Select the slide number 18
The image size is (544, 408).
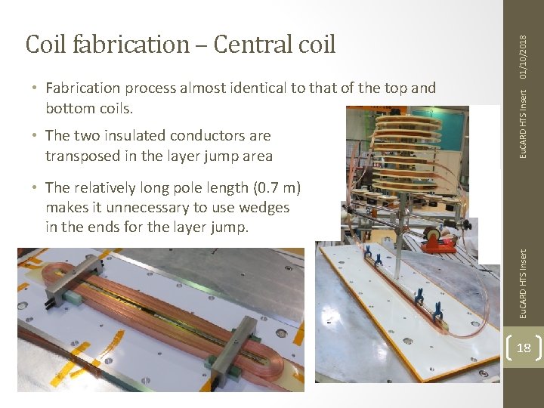523,348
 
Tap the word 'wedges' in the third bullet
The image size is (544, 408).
264,207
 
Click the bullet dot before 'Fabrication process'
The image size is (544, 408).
36,88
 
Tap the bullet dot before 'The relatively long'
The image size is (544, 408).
36,187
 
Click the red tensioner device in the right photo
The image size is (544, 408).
440,243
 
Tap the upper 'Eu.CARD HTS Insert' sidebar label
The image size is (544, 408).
524,124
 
